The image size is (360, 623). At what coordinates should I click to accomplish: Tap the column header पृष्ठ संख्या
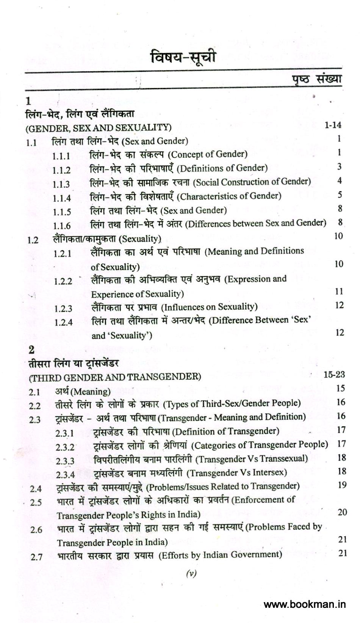pyautogui.click(x=316, y=78)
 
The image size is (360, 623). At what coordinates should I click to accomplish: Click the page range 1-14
pyautogui.click(x=333, y=125)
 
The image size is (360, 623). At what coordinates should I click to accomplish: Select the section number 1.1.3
pyautogui.click(x=61, y=184)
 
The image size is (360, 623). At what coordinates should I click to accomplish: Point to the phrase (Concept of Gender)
pyautogui.click(x=207, y=154)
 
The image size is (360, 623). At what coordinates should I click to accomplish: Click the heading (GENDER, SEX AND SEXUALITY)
pyautogui.click(x=99, y=127)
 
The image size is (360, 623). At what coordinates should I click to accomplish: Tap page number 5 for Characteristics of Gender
pyautogui.click(x=340, y=195)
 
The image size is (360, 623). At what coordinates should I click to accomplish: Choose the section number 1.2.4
pyautogui.click(x=63, y=322)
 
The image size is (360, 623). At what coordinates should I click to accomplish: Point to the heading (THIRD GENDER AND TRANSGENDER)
pyautogui.click(x=115, y=377)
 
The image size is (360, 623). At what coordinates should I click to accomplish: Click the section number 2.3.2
pyautogui.click(x=65, y=447)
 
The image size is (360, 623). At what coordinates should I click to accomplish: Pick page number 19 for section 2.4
pyautogui.click(x=342, y=485)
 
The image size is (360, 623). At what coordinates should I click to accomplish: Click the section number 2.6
pyautogui.click(x=36, y=529)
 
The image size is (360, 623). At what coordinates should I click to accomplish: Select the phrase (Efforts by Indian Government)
pyautogui.click(x=220, y=555)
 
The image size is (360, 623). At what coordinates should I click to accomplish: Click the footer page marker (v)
pyautogui.click(x=191, y=574)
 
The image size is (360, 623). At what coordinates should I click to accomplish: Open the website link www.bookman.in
pyautogui.click(x=305, y=604)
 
